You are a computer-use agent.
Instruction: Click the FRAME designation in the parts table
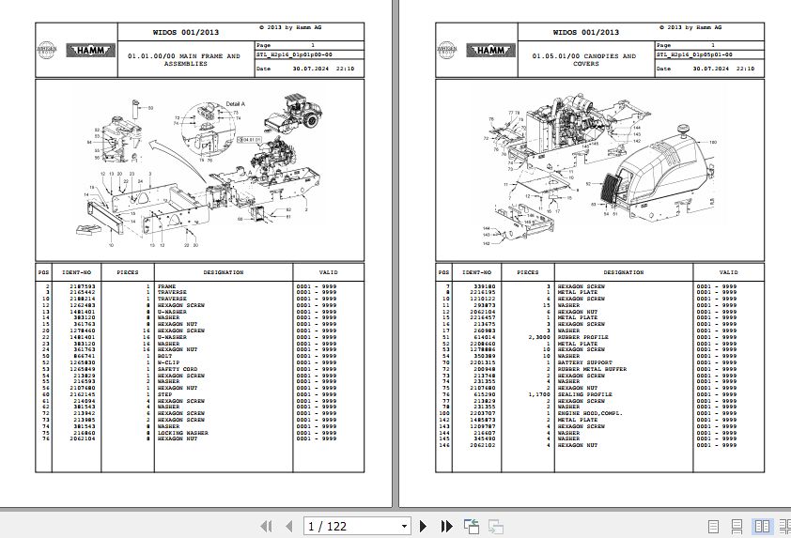(x=166, y=286)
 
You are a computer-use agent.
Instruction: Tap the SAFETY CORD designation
(x=178, y=369)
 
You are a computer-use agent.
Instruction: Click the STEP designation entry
(x=165, y=394)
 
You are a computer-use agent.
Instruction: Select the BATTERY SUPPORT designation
(x=583, y=362)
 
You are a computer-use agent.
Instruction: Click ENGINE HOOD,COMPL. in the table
(x=589, y=413)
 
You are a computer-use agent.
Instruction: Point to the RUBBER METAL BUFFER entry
(x=591, y=369)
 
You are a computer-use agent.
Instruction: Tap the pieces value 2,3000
(x=538, y=337)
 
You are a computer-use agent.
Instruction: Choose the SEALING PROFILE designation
(x=584, y=394)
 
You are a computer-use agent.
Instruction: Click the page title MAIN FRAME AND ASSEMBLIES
(x=184, y=60)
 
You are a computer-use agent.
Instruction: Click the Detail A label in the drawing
(x=236, y=102)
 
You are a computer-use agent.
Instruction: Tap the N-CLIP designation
(x=170, y=362)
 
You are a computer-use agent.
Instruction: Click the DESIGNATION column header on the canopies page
(x=597, y=272)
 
